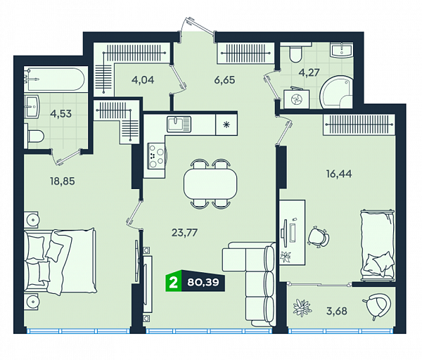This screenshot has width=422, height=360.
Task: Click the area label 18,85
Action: pos(63,181)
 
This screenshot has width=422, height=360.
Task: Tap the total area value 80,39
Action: pos(203,282)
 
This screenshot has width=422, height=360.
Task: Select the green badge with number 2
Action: pos(174,283)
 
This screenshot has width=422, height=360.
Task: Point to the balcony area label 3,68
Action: pos(337,311)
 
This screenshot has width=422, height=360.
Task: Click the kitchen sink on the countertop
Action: pos(179,124)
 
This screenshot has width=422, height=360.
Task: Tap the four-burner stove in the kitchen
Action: pos(156,156)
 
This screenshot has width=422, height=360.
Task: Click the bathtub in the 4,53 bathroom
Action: pos(55,79)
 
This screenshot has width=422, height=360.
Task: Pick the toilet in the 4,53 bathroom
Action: pos(34,136)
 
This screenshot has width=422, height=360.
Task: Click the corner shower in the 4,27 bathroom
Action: pos(336,92)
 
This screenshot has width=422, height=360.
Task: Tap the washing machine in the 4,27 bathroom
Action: pos(297,98)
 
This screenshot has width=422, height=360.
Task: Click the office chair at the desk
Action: pos(319,237)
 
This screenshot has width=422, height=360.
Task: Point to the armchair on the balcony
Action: pos(377,306)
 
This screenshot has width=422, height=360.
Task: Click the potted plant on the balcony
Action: pos(302,308)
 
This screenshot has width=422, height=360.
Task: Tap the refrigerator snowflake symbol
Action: pos(226,124)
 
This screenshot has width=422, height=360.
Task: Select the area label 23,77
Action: pos(184,232)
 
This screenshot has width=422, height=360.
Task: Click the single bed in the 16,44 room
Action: pos(378,245)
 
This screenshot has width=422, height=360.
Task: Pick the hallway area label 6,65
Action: pos(225,79)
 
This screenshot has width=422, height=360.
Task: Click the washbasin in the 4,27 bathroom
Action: pos(342,50)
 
